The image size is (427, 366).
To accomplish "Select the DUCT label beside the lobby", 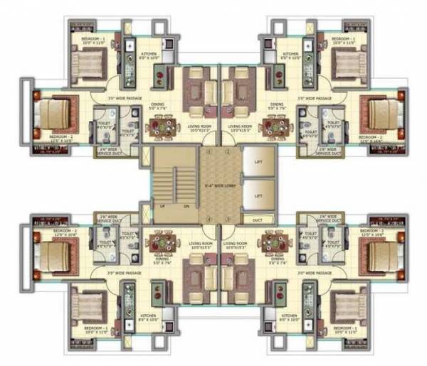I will (x=258, y=220).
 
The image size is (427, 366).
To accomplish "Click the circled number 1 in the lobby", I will (x=208, y=151).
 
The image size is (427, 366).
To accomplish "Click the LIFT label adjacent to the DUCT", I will (x=259, y=193).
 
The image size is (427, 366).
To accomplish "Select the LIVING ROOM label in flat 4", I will (x=238, y=247).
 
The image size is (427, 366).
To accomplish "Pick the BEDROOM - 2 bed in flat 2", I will (x=378, y=112).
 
